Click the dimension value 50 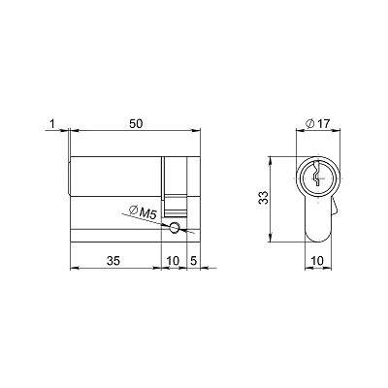point(136,124)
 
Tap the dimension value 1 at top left point(52,124)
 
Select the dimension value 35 point(113,260)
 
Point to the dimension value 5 point(194,260)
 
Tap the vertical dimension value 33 point(264,198)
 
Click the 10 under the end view point(317,260)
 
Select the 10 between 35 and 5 point(173,260)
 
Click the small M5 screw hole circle point(175,227)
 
